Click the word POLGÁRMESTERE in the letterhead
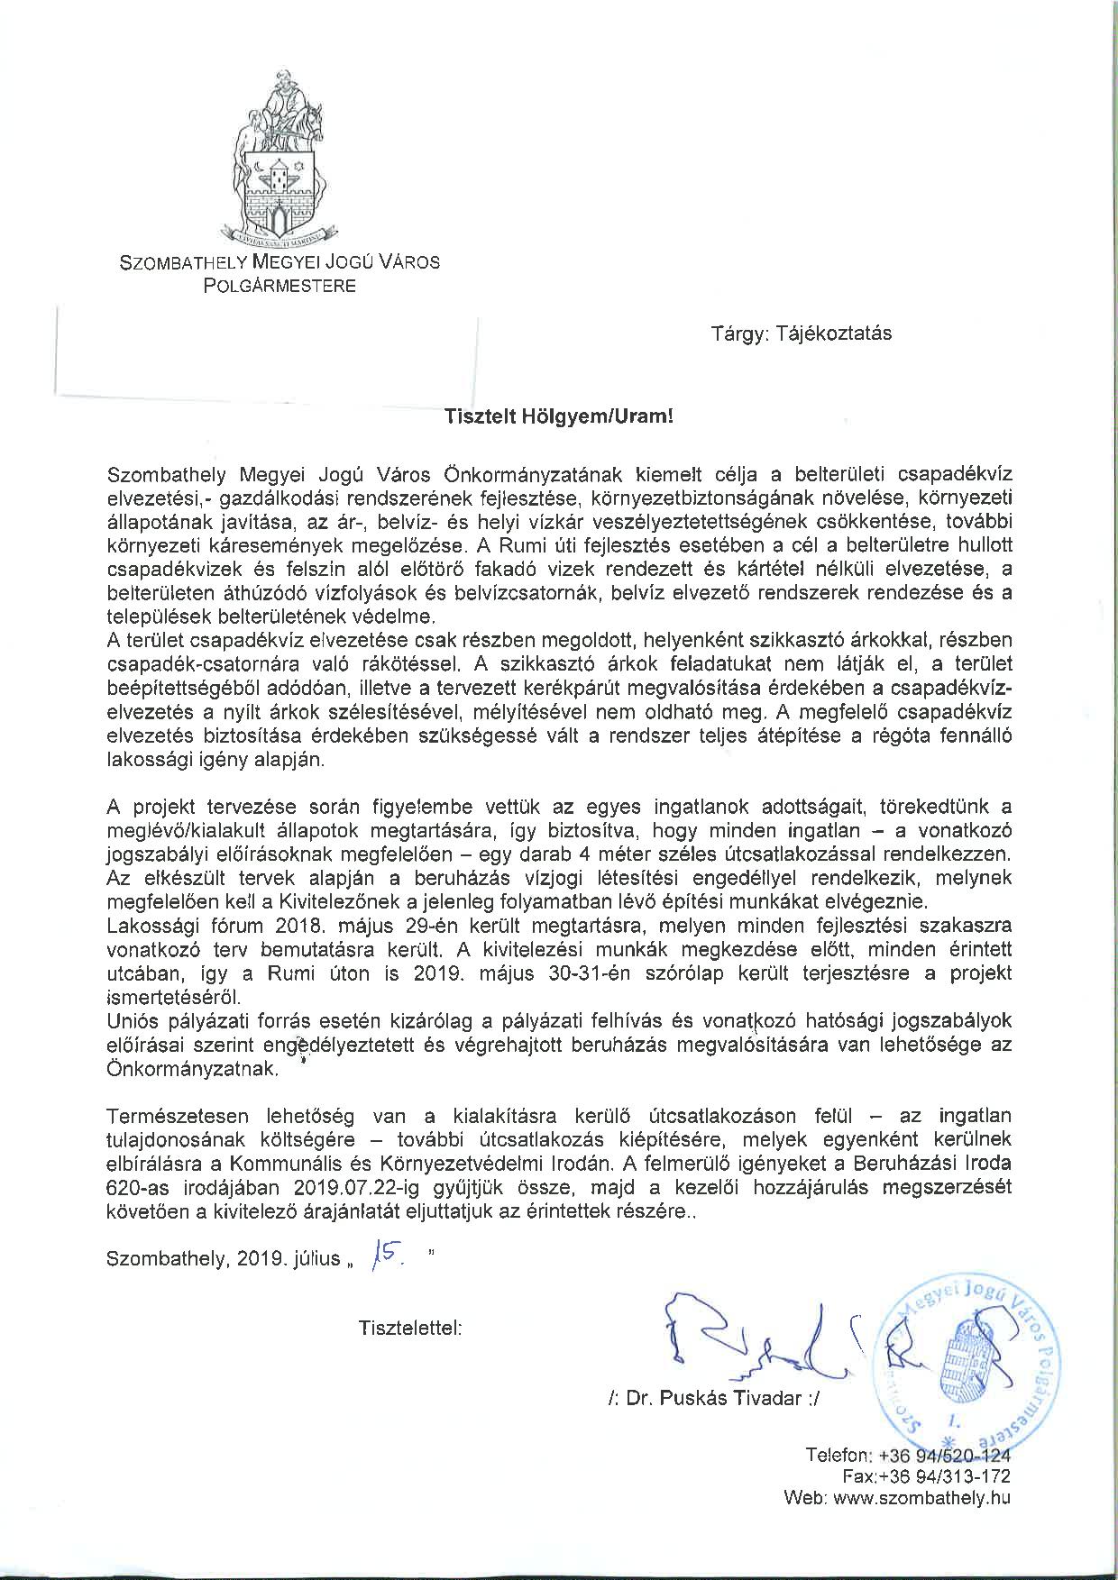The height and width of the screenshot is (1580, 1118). tap(279, 287)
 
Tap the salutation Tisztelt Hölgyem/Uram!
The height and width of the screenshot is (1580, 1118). tap(558, 417)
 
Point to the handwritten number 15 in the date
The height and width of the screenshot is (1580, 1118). tap(386, 1256)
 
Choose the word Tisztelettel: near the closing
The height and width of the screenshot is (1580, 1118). tap(411, 1328)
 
